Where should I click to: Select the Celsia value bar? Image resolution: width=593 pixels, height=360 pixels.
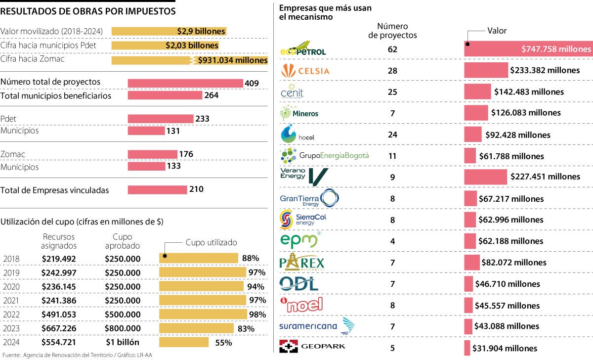(486, 70)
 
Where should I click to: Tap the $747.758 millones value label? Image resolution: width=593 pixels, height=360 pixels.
(556, 49)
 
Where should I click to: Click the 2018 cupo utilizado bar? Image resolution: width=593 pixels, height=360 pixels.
(198, 258)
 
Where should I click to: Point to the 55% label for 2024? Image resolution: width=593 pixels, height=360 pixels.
(223, 342)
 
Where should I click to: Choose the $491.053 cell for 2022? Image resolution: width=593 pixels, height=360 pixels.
(59, 314)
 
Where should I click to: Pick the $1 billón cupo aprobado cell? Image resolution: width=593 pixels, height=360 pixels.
(122, 342)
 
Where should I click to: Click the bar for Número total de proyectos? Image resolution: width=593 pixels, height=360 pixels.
(185, 83)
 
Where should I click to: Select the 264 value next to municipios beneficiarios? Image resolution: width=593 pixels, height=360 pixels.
(212, 95)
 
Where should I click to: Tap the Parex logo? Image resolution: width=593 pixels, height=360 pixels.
(302, 262)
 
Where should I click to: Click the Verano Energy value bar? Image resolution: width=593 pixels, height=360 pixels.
(485, 177)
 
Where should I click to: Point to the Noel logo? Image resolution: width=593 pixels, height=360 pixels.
(301, 304)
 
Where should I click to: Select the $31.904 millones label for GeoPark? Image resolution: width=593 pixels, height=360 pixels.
(505, 348)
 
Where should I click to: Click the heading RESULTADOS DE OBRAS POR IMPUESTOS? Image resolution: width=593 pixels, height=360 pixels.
(88, 11)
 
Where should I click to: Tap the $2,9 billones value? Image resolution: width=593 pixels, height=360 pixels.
(201, 31)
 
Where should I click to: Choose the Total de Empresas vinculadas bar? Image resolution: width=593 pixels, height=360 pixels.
(157, 190)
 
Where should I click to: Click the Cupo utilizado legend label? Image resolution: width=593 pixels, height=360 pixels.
(211, 243)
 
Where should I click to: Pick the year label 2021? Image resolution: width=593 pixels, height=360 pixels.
(11, 300)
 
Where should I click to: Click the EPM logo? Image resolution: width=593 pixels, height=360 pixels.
(299, 241)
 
